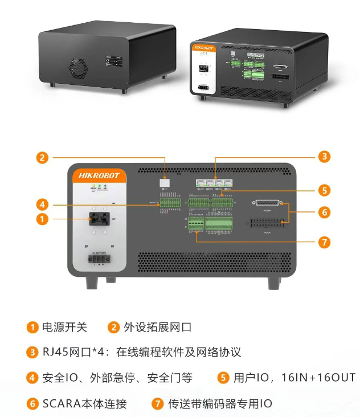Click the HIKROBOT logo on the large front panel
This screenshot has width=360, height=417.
click(99, 175)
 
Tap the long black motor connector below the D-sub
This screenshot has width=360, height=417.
click(266, 224)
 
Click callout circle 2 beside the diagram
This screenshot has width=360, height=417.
click(42, 158)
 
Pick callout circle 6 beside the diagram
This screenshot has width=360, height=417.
click(324, 212)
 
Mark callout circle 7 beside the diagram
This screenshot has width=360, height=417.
click(324, 242)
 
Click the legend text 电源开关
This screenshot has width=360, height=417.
click(65, 327)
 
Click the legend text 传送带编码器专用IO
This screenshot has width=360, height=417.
click(220, 404)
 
